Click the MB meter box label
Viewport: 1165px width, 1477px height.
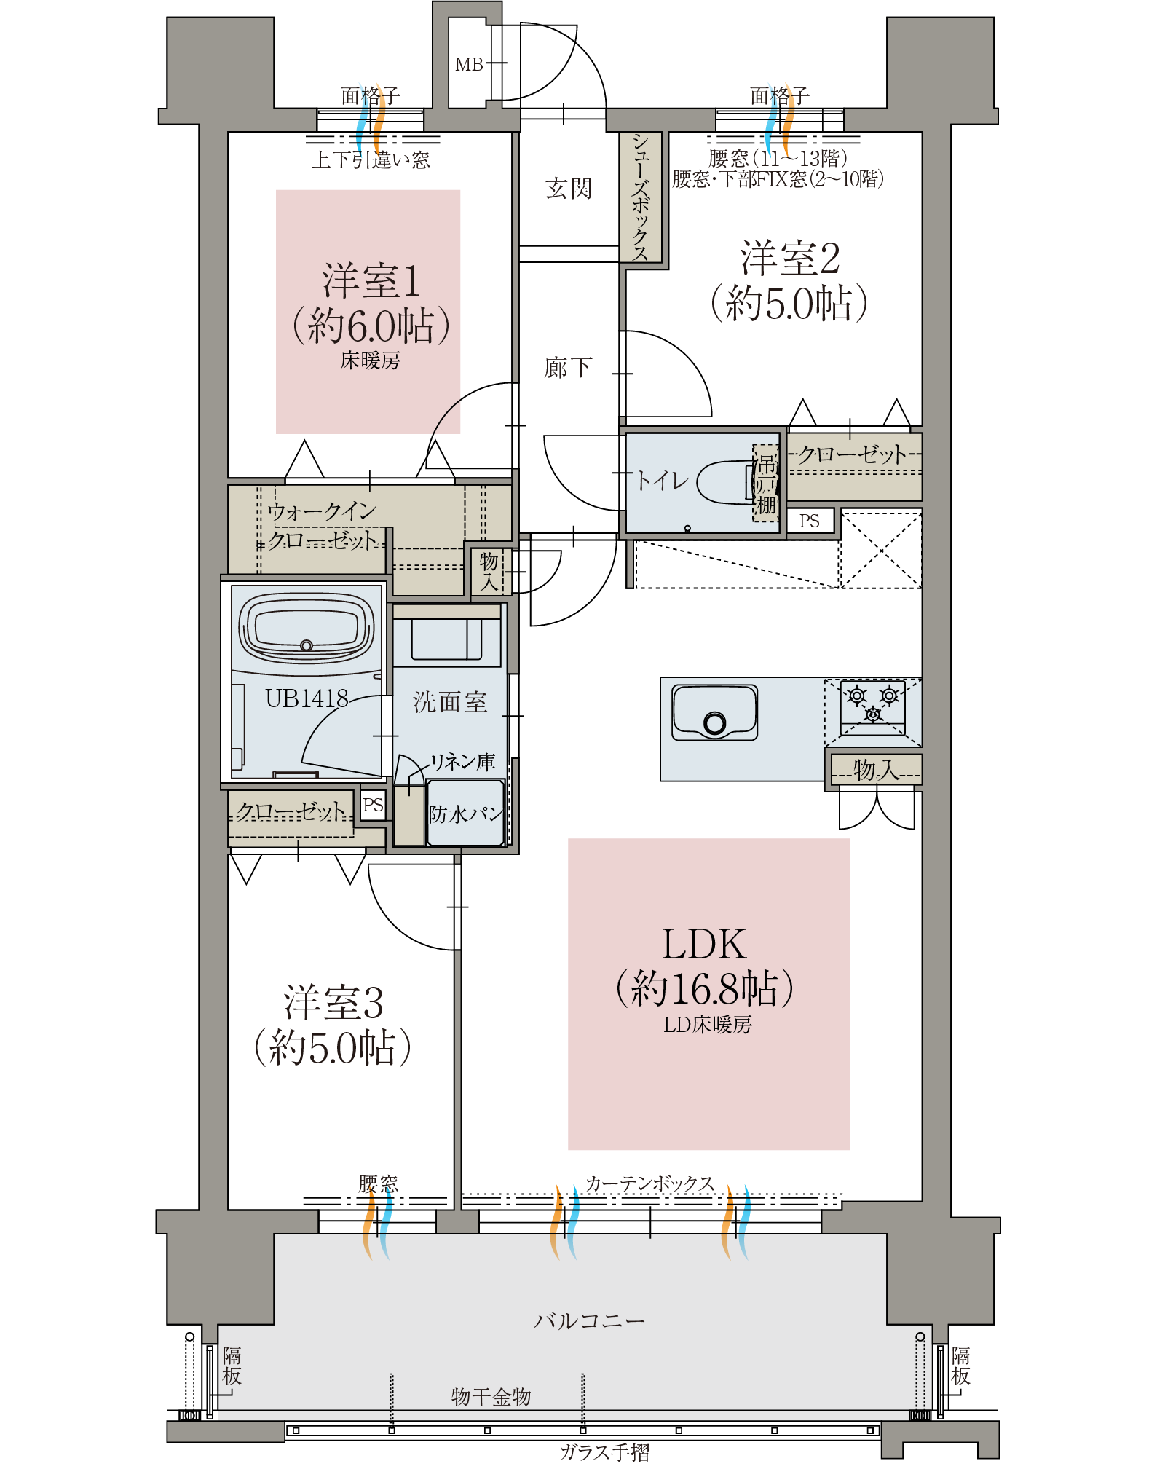click(x=469, y=65)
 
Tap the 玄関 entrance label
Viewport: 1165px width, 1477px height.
click(x=569, y=189)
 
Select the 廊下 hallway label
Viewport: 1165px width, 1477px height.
click(x=568, y=367)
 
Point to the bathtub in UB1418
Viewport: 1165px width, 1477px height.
click(x=307, y=627)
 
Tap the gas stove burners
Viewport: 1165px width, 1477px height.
click(x=873, y=704)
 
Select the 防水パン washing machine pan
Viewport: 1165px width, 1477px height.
click(x=466, y=813)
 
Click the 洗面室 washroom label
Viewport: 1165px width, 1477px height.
click(x=450, y=702)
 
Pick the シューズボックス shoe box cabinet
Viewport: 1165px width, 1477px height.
click(x=641, y=197)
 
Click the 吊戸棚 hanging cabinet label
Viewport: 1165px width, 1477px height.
click(x=765, y=484)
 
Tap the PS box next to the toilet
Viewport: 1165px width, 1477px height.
click(x=810, y=521)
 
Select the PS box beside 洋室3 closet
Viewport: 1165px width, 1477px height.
click(x=373, y=806)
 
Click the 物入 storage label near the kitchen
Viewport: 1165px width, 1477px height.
click(x=876, y=769)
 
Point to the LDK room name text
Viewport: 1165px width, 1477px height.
click(x=704, y=945)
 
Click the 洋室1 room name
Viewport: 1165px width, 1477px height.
click(x=371, y=280)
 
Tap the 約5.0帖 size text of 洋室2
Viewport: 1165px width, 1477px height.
click(x=789, y=302)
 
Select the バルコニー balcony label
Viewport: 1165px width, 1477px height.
click(x=589, y=1320)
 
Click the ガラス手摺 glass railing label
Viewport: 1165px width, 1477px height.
click(x=605, y=1452)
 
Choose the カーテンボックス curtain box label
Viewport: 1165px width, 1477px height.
click(x=649, y=1183)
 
